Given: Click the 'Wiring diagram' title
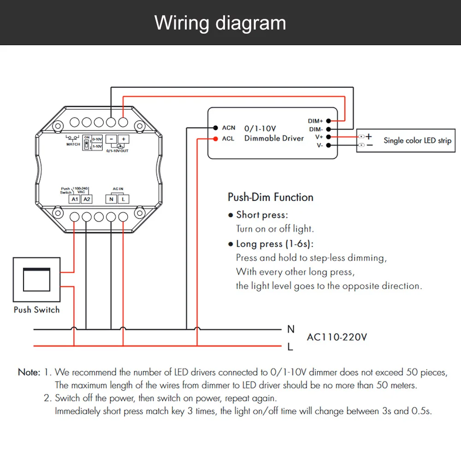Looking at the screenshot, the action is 220,23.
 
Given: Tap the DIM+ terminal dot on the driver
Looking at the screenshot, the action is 328,121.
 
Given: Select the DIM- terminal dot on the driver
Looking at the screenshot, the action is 328,129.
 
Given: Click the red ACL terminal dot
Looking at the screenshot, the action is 215,139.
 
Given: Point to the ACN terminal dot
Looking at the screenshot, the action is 215,128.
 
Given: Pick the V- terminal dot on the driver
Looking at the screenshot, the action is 328,145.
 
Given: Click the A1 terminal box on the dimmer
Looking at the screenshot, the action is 75,199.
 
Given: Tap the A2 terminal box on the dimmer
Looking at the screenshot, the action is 87,199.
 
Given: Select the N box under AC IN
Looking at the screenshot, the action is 111,199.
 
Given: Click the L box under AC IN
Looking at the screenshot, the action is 124,199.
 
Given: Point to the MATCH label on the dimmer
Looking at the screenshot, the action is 73,144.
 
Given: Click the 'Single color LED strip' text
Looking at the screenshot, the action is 417,141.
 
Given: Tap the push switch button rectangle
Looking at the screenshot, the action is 36,280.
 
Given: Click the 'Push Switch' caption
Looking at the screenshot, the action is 36,310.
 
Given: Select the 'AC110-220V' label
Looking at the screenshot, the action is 337,337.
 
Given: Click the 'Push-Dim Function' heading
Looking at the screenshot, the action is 271,197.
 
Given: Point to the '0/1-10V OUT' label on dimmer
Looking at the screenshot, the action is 117,151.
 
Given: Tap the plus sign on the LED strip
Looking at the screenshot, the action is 369,136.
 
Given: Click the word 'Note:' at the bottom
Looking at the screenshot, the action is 29,372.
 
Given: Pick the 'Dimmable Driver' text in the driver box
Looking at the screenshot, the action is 274,138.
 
